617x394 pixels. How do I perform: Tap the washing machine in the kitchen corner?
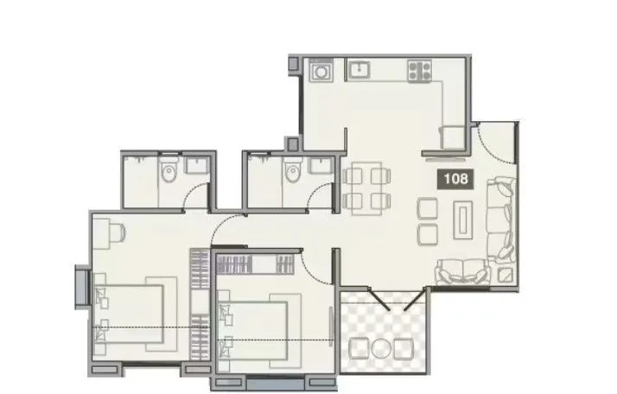pyautogui.click(x=321, y=70)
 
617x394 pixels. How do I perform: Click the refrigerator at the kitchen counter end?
pyautogui.click(x=452, y=137)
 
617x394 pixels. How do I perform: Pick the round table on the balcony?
pyautogui.click(x=380, y=348)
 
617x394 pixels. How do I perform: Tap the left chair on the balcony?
pyautogui.click(x=358, y=348)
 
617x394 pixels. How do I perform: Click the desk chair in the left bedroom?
pyautogui.click(x=118, y=232)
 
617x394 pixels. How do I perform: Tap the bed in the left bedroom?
pyautogui.click(x=130, y=313)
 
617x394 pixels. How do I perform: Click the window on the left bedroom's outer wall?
pyautogui.click(x=81, y=287)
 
